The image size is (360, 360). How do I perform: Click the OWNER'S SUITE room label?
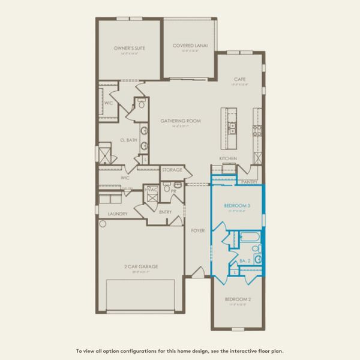(x=130, y=48)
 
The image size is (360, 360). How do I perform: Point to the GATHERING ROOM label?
(x=180, y=121)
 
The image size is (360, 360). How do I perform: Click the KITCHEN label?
(x=228, y=158)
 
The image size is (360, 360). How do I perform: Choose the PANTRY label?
(x=249, y=181)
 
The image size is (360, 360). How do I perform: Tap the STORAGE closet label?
(x=172, y=170)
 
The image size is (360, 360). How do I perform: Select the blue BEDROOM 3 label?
(x=236, y=206)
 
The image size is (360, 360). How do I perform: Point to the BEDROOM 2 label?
(x=237, y=298)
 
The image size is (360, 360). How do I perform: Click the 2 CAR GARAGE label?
(x=137, y=266)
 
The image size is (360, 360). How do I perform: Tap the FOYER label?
(x=198, y=230)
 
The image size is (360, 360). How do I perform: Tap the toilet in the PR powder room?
(x=169, y=187)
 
